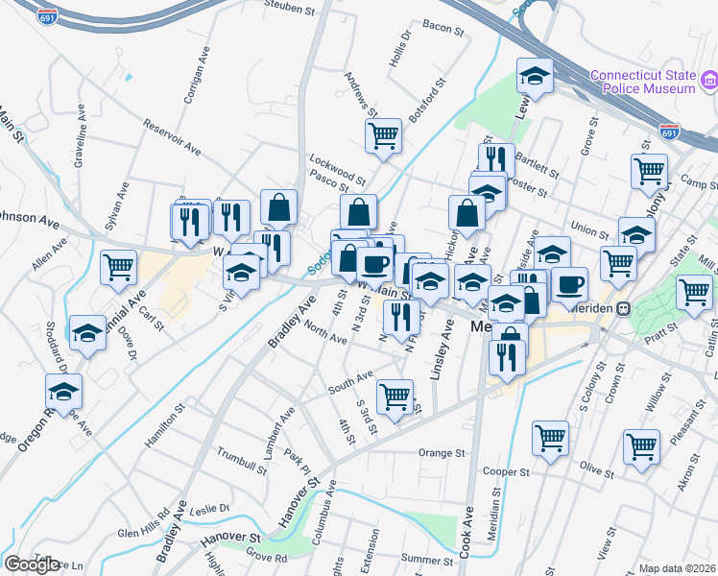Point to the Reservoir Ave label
172,137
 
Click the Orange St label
442,452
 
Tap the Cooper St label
507,471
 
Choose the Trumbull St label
242,459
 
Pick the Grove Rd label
267,557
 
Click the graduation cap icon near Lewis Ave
536,75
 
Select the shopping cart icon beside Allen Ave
120,266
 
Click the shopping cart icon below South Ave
395,396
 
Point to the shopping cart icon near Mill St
694,291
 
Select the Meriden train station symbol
622,309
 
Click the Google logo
32,564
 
